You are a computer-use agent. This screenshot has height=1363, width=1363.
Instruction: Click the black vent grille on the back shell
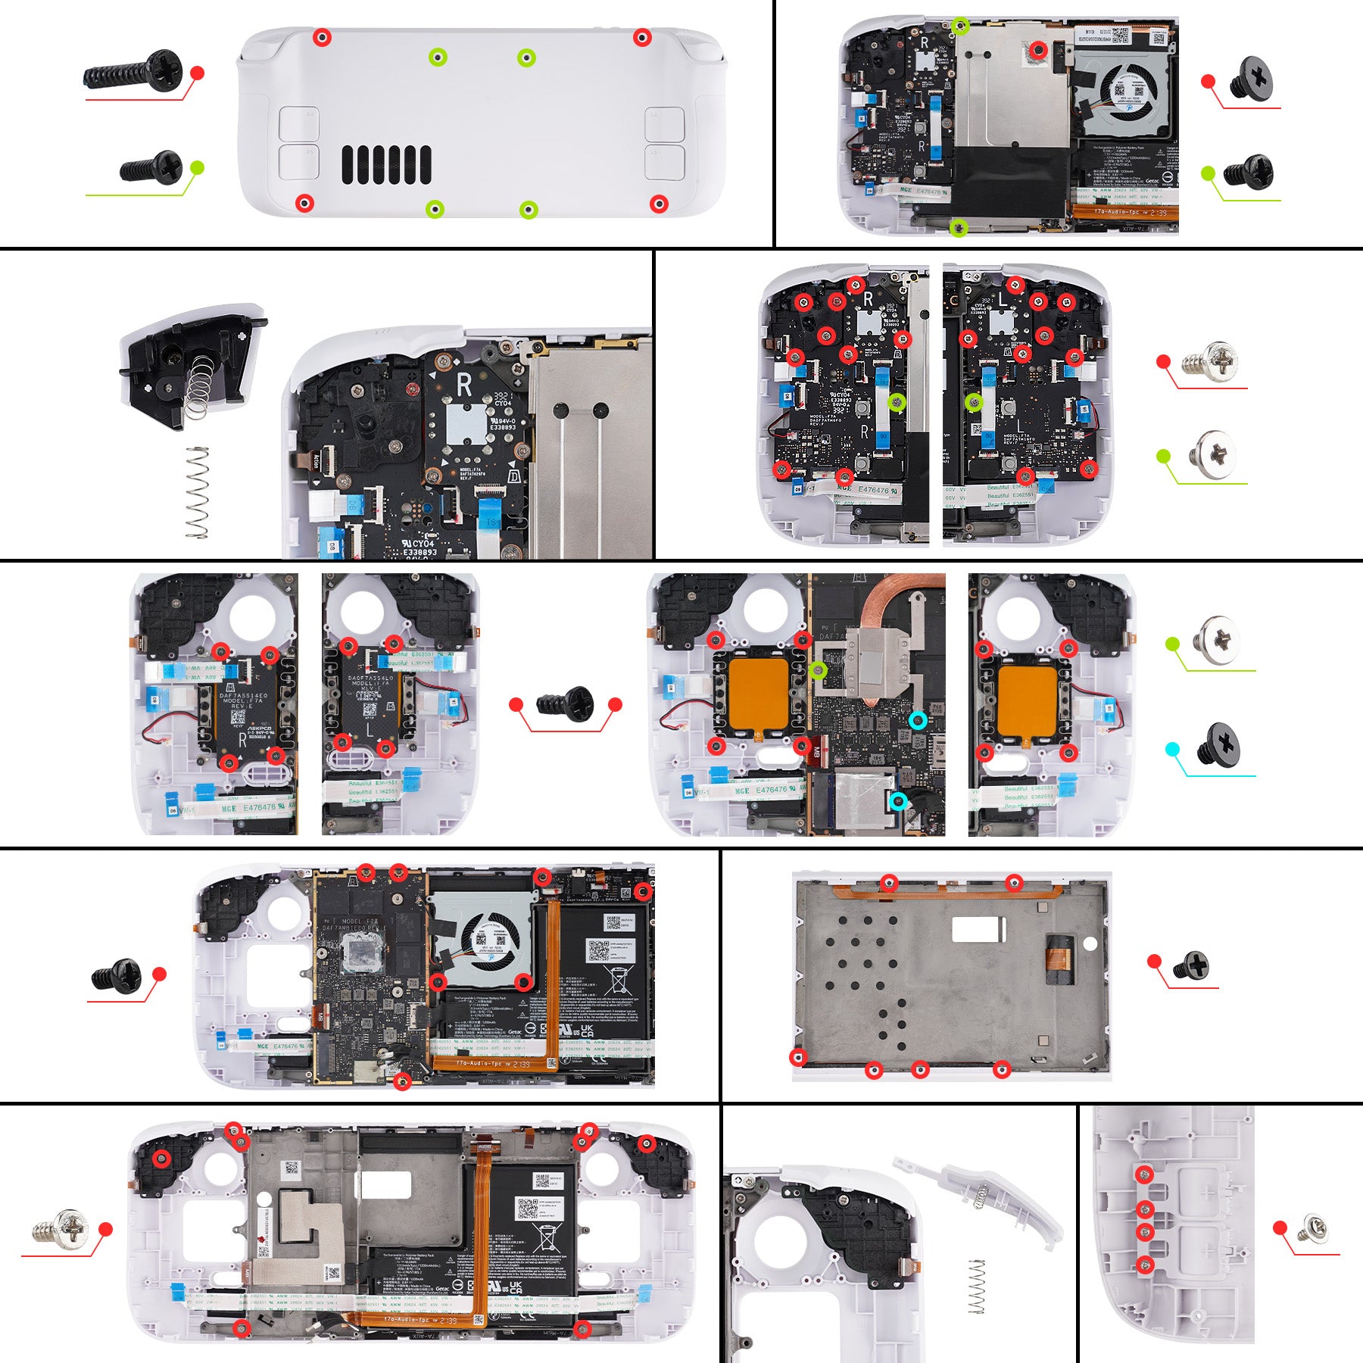[386, 164]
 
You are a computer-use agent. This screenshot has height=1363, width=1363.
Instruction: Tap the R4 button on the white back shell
[298, 123]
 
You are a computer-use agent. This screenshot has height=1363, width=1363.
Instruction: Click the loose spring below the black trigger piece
[198, 492]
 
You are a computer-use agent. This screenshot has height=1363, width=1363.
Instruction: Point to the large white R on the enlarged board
[463, 385]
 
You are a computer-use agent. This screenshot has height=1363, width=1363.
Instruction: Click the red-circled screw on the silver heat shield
[1039, 51]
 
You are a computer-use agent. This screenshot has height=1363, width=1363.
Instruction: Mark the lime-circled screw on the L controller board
[974, 403]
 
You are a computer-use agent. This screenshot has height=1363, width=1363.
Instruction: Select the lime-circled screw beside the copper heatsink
[818, 669]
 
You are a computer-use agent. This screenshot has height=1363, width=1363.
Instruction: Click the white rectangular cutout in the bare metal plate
[978, 929]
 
